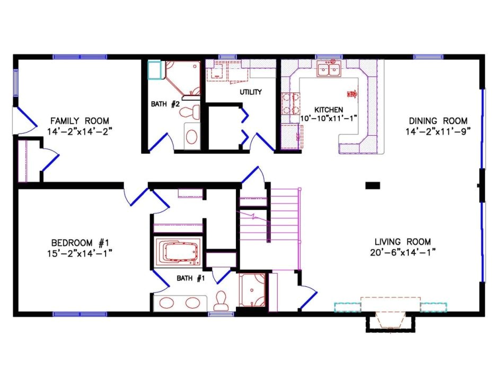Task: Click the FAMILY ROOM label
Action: [x=80, y=120]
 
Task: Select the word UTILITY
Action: [x=250, y=92]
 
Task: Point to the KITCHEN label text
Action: [x=329, y=109]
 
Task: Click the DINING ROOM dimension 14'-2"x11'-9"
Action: [x=438, y=130]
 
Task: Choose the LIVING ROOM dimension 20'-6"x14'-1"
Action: [x=403, y=252]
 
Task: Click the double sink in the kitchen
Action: [x=329, y=70]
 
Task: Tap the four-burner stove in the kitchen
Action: [x=290, y=103]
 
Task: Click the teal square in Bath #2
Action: [x=155, y=71]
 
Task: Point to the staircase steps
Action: [x=284, y=215]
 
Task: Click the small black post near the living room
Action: [x=373, y=185]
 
